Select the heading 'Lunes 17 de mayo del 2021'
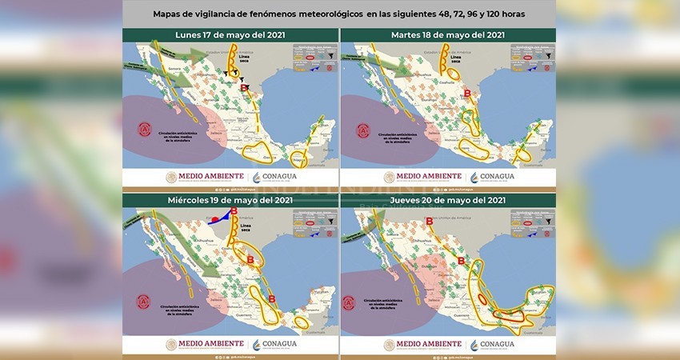(230, 35)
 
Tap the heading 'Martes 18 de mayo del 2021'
(448, 35)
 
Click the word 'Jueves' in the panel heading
(415, 199)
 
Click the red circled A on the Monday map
(145, 129)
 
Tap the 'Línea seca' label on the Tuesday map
(457, 58)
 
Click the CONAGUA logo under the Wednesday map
(274, 344)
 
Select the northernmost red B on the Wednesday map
(234, 211)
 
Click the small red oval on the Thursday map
(482, 300)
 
